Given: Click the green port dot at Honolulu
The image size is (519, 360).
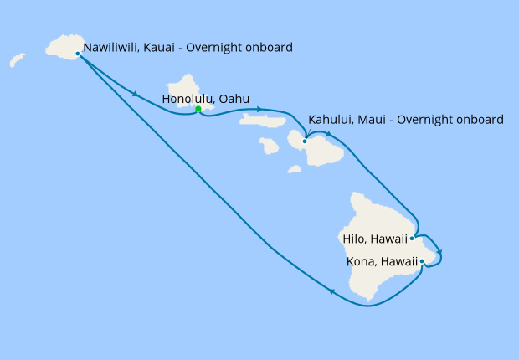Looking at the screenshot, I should coord(198,109).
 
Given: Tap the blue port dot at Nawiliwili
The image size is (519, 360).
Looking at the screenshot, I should coord(78,54).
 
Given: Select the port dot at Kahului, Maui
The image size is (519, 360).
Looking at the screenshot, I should coord(305,141).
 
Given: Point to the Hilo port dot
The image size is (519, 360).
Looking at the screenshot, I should coord(412,238).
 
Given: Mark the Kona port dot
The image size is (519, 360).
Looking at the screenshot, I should coord(422,262).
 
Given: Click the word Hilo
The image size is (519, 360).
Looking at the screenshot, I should coord(355,238).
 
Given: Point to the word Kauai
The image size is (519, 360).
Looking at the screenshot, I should coord(167,48).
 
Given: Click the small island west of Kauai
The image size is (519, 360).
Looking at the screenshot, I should coord(17,60).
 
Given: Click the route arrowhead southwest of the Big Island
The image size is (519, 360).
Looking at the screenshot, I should coord(332,292).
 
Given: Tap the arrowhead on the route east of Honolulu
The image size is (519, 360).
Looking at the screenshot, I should coord(260,110).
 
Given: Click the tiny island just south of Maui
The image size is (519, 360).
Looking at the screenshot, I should coord(294,169).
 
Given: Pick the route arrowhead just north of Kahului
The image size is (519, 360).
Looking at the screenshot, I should coord(330,134).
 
